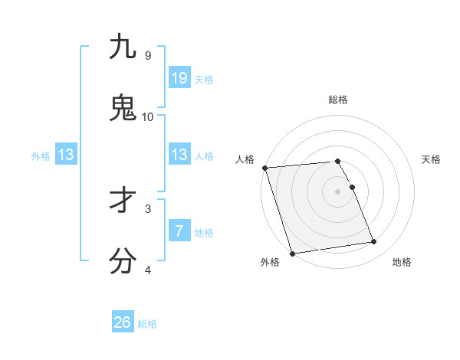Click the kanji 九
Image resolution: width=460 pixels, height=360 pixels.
pos(123,47)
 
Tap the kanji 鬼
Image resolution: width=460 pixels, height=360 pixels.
pos(123,108)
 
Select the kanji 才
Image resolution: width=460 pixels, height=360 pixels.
pos(123,200)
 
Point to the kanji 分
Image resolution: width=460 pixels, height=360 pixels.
pos(123,261)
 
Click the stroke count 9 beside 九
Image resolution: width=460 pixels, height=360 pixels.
pos(147,56)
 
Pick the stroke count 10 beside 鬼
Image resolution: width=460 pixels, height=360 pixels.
pos(147,117)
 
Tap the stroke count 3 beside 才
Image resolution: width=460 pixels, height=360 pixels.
pos(147,208)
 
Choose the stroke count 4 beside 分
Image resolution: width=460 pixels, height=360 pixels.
pos(147,270)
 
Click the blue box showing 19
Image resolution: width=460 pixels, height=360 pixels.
pos(179,78)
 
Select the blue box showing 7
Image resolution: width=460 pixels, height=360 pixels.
pos(179,231)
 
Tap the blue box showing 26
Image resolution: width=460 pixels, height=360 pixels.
pos(123,322)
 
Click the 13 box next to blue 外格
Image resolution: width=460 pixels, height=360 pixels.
pos(66,155)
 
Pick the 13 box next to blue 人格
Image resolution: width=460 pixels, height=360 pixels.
pos(179,155)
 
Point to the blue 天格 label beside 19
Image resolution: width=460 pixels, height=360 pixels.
pos(204,80)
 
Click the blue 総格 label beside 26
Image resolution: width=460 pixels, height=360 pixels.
pos(147,324)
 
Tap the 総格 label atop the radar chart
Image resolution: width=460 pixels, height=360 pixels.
pos(337,100)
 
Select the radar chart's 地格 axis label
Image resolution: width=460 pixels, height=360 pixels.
pos(402,262)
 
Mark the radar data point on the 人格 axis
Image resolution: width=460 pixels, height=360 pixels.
pos(264,168)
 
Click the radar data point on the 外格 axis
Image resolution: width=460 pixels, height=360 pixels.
pos(292,253)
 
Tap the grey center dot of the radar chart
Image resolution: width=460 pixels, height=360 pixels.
pos(337,191)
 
